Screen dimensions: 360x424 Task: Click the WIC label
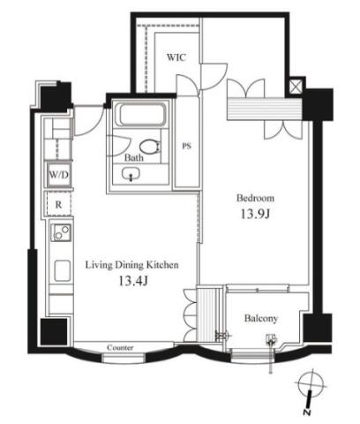[176, 57]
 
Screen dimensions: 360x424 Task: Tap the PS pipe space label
[186, 146]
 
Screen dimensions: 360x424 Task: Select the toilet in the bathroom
[150, 146]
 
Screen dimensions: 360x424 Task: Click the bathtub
[143, 114]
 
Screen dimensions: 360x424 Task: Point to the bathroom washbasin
[131, 174]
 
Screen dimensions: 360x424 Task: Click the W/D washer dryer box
[58, 175]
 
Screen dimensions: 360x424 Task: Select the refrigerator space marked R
[58, 204]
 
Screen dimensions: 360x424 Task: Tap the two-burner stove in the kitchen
[61, 232]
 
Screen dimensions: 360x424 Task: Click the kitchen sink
[62, 270]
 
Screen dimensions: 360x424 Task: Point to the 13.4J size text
[133, 281]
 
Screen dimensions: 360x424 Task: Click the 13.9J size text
[255, 214]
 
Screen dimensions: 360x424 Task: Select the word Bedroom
[255, 198]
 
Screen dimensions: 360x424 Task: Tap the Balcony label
[261, 318]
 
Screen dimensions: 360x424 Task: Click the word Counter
[120, 347]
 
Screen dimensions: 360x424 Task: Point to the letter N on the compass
[307, 412]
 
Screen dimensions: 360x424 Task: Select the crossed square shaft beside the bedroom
[296, 87]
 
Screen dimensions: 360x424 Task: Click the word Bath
[134, 158]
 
